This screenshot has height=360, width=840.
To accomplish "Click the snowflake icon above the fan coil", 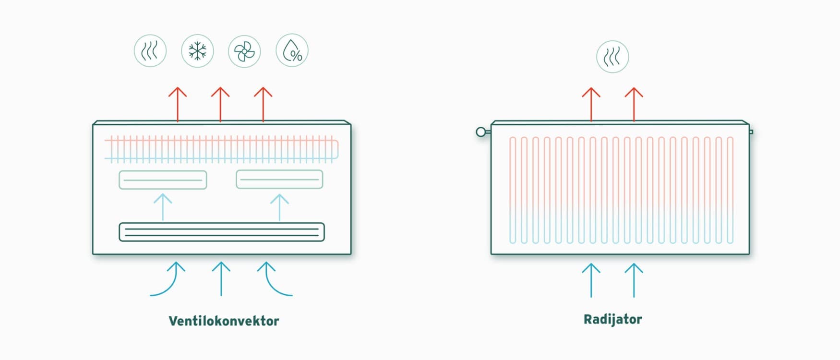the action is (x=197, y=51).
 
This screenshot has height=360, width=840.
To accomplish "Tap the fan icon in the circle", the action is (x=244, y=51).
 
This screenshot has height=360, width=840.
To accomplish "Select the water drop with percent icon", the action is (x=292, y=50).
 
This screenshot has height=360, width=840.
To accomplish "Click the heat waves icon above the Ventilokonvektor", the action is (x=150, y=50).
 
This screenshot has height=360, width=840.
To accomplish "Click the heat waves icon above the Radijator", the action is (x=612, y=57).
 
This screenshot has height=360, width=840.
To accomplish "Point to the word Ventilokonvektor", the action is (x=224, y=321).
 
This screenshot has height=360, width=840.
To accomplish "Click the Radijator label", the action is (x=612, y=319).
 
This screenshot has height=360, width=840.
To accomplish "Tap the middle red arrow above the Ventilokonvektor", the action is (x=220, y=104).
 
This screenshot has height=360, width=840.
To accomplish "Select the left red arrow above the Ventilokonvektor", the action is (x=178, y=104).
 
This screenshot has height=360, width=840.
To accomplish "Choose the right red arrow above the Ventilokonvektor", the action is (x=263, y=104).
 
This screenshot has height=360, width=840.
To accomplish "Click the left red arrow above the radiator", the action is (x=591, y=104).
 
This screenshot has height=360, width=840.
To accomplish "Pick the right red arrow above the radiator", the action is (x=634, y=104).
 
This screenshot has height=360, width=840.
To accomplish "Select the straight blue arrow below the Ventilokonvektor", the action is (x=221, y=279).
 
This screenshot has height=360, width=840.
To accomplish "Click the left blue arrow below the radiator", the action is (x=591, y=280).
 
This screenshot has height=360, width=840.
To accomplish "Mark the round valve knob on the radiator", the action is (x=480, y=132).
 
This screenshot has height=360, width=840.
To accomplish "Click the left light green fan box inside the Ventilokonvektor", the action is (x=163, y=180).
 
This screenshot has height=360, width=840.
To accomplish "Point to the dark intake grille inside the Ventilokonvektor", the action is (x=222, y=232).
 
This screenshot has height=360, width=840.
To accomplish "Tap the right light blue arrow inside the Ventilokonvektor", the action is (x=279, y=207).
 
